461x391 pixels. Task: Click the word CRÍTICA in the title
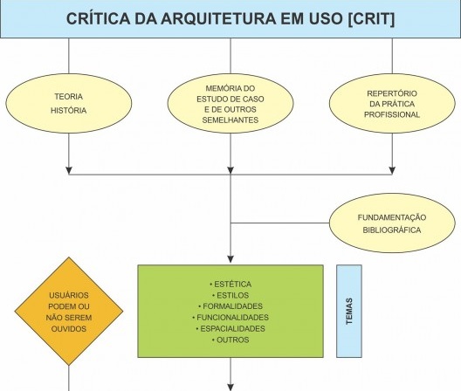pos(98,18)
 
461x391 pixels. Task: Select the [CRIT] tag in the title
pos(371,19)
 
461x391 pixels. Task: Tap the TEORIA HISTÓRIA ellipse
pos(69,104)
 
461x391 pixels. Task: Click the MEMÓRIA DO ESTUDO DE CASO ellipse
pos(230,104)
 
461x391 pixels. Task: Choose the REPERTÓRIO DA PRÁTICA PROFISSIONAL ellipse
pos(392,104)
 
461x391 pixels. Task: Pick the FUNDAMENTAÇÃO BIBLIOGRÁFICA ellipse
pos(392,223)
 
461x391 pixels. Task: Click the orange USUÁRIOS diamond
pos(69,312)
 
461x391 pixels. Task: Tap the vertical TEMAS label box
pos(349,312)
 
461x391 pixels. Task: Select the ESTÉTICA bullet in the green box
pos(230,285)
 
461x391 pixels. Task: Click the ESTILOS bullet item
pos(230,296)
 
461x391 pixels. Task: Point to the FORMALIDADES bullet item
pos(230,306)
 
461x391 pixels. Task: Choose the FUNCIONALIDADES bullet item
pos(230,318)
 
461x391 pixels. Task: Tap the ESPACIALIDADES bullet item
pos(230,329)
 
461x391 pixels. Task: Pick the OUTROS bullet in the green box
pos(230,340)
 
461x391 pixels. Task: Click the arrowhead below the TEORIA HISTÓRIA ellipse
pos(69,171)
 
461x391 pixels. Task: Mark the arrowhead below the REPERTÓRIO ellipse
pos(392,171)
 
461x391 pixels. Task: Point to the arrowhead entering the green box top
pos(230,259)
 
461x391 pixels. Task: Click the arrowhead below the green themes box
pos(230,388)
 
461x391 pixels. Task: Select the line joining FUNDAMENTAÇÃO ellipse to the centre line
pos(280,223)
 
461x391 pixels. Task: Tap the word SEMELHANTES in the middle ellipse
pos(230,120)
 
